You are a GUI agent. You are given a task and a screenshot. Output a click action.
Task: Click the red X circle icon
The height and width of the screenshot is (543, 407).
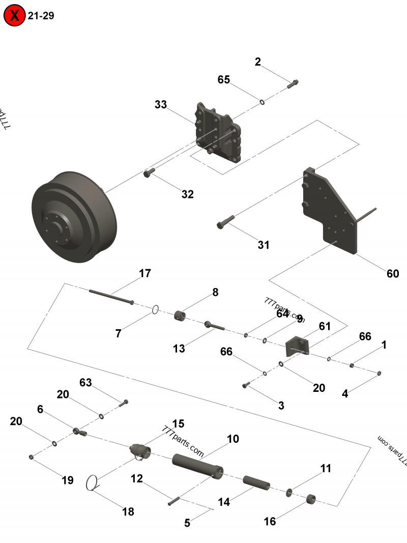pyautogui.click(x=15, y=15)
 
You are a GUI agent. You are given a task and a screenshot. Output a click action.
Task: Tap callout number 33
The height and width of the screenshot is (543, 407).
pyautogui.click(x=161, y=105)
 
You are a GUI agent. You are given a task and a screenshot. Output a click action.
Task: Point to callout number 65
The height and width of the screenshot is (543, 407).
pyautogui.click(x=224, y=80)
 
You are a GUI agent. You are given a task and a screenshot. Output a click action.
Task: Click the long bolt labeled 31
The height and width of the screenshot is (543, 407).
pyautogui.click(x=225, y=221)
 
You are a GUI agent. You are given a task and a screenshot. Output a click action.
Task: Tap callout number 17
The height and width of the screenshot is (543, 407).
pyautogui.click(x=145, y=274)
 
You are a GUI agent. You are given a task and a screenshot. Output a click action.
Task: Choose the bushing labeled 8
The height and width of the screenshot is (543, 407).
pyautogui.click(x=180, y=316)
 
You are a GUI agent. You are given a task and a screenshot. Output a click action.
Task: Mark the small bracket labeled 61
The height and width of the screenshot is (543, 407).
pyautogui.click(x=297, y=347)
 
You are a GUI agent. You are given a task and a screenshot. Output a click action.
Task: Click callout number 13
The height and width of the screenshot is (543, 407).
pyautogui.click(x=179, y=349)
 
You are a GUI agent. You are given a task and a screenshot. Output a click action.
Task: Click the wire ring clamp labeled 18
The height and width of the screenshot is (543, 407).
pyautogui.click(x=92, y=483)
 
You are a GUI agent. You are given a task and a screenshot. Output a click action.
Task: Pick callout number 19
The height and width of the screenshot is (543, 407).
pyautogui.click(x=68, y=480)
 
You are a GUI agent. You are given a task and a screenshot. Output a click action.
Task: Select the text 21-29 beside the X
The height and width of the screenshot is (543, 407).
pyautogui.click(x=41, y=16)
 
